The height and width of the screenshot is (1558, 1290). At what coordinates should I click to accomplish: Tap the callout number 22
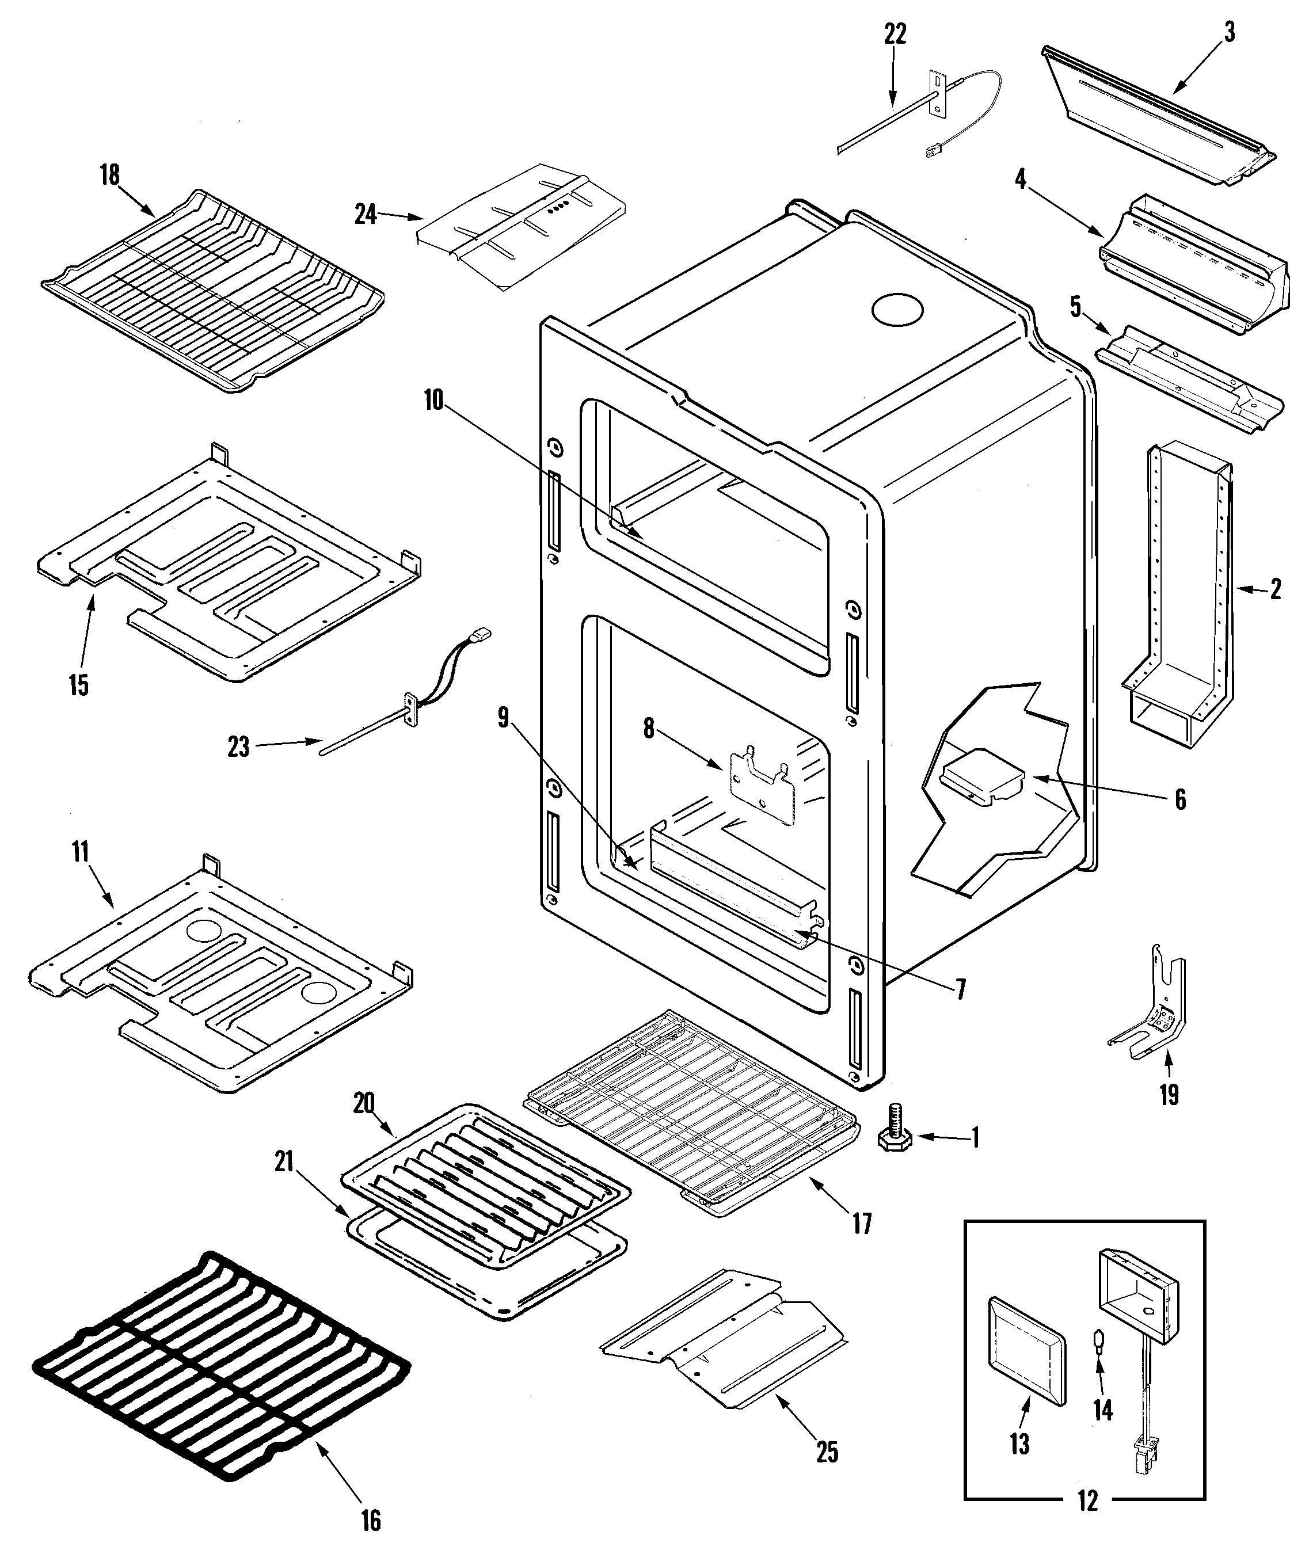click(x=895, y=34)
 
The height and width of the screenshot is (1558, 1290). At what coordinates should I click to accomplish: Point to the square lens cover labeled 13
click(x=1025, y=1352)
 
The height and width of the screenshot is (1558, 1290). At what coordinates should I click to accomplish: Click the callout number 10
click(x=433, y=400)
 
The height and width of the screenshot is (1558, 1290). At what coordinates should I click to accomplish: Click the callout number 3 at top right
click(x=1228, y=33)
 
